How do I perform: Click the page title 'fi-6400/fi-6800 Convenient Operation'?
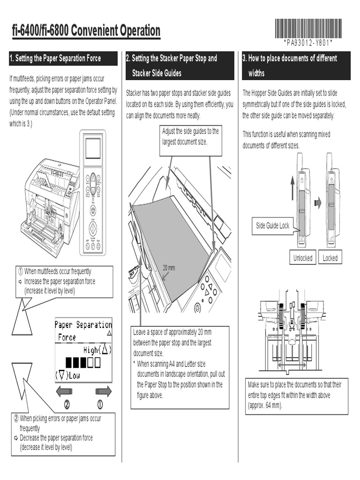pos(86,31)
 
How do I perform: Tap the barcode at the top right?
pos(308,28)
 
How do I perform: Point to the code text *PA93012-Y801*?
pos(308,43)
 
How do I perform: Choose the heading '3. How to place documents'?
pos(290,59)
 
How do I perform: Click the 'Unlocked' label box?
pos(303,258)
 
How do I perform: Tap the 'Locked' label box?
pos(330,258)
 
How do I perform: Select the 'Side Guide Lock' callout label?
pos(272,225)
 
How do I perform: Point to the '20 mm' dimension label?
pos(169,268)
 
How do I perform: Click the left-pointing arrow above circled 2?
pos(64,391)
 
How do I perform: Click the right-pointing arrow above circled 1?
pos(103,391)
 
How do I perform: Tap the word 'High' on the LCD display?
pos(91,350)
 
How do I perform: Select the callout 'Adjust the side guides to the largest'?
pos(190,136)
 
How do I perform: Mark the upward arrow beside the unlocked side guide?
pos(293,187)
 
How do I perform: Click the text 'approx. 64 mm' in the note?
pos(265,405)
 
